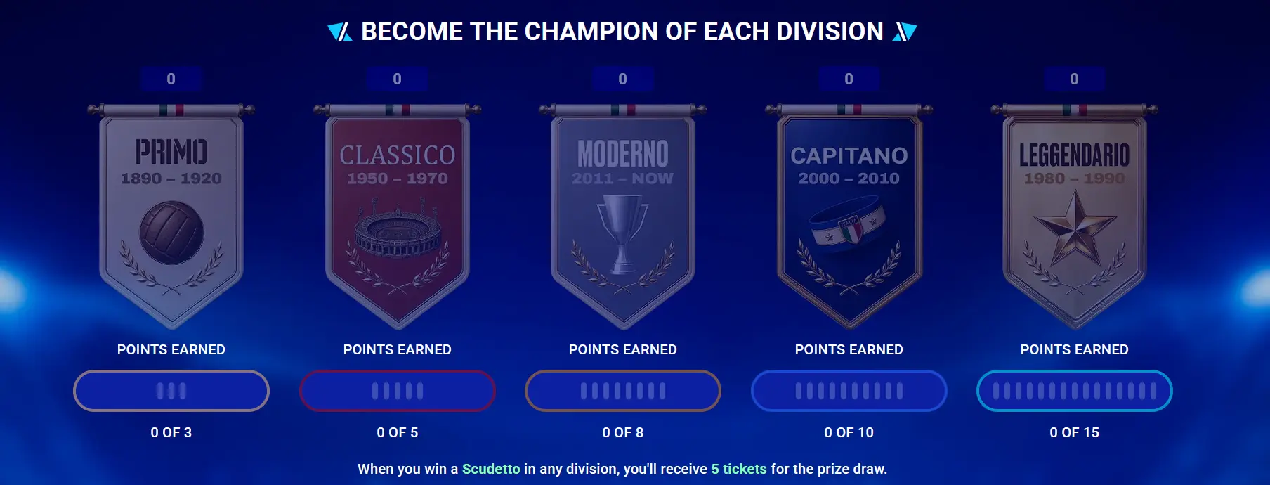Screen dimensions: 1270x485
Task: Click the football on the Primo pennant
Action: (x=171, y=233)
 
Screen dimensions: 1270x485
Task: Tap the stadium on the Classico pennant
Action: (x=398, y=230)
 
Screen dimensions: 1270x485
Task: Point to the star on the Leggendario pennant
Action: (x=1075, y=228)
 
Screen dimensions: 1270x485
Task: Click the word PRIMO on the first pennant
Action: (x=171, y=152)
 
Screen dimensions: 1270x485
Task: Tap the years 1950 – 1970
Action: (x=398, y=179)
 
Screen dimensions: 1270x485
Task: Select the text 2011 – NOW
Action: (x=622, y=179)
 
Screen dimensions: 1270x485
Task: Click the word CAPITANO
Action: (x=849, y=155)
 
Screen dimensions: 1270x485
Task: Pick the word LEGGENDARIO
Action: (x=1075, y=155)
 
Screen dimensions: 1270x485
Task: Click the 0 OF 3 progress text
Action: (x=171, y=432)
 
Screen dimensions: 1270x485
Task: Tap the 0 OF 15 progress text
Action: (x=1075, y=432)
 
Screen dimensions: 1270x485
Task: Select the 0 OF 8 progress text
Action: (x=623, y=432)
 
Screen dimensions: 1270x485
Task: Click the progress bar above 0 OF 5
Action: (x=398, y=391)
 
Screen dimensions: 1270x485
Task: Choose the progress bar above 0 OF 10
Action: (x=849, y=391)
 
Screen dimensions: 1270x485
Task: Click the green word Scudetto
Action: (x=491, y=469)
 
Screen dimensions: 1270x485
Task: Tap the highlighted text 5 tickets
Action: (x=739, y=469)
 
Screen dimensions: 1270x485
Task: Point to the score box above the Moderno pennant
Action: (x=623, y=79)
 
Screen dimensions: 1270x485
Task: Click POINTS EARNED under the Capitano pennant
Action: (x=849, y=349)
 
